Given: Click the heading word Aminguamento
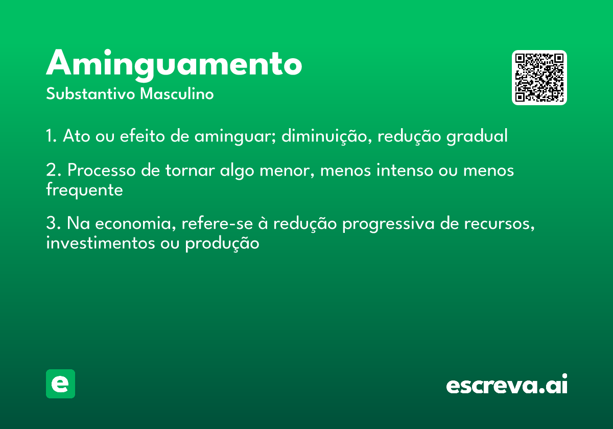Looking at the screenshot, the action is click(174, 64).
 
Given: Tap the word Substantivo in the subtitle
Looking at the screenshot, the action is click(90, 94).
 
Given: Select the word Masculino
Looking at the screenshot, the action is click(177, 94).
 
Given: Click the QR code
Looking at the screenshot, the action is click(539, 78).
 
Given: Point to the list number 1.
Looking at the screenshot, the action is click(51, 136).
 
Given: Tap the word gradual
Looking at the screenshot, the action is click(477, 136).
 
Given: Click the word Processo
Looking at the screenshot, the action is click(102, 170).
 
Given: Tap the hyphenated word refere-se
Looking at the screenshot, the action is click(217, 223).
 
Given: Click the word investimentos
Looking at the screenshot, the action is click(101, 243).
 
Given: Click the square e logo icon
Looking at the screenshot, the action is click(60, 384).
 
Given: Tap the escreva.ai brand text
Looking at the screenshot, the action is click(507, 384).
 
